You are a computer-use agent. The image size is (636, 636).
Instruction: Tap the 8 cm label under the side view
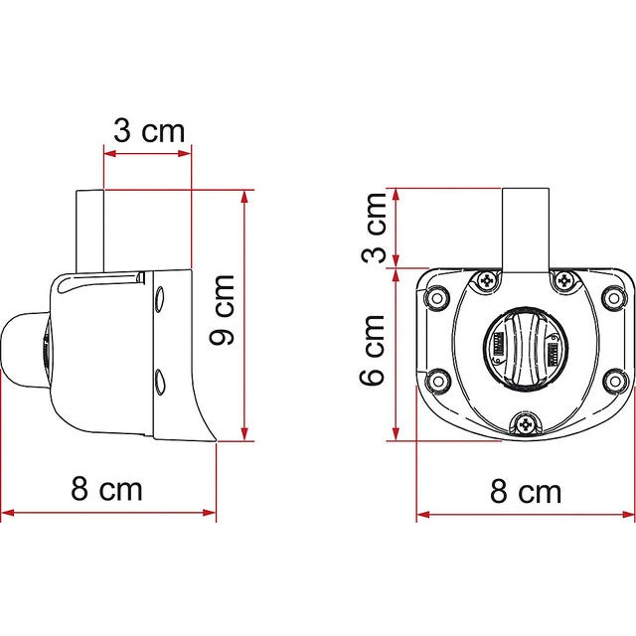[107, 488]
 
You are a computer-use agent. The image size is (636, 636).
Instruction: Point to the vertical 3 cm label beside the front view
[374, 227]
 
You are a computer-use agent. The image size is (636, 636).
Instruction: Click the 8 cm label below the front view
[526, 491]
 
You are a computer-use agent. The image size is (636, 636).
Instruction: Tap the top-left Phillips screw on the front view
[486, 281]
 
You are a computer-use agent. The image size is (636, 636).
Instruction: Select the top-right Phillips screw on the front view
[565, 281]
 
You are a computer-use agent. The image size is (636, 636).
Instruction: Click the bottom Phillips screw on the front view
[526, 425]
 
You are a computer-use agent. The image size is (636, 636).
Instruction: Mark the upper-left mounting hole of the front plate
[434, 295]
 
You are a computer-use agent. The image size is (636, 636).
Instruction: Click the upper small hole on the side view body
[159, 295]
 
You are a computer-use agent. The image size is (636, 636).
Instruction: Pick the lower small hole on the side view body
[159, 378]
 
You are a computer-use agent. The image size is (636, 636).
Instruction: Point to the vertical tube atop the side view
[89, 231]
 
